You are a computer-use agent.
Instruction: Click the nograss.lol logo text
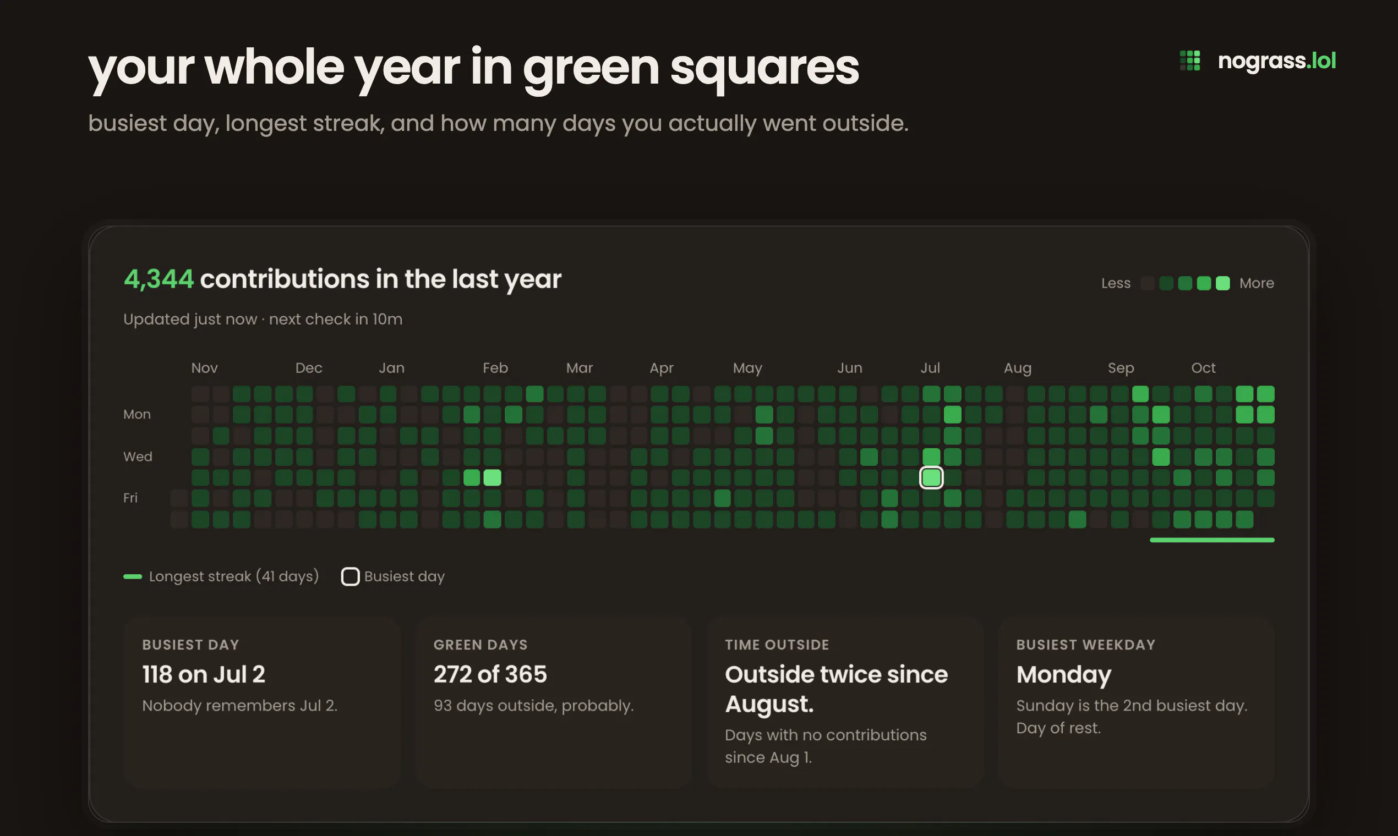coord(1277,61)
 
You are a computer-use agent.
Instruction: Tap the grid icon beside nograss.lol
coord(1190,61)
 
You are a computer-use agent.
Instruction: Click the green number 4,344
coord(159,279)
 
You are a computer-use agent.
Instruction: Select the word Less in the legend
coord(1116,283)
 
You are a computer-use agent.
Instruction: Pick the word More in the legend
coord(1257,283)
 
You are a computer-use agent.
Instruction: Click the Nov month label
coord(204,368)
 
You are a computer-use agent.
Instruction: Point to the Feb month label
coord(495,368)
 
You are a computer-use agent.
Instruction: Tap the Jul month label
coord(930,368)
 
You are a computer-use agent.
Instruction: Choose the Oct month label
coord(1204,368)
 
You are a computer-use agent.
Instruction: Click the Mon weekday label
coord(137,415)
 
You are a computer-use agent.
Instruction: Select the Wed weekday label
coord(138,457)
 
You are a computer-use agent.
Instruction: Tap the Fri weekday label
coord(130,498)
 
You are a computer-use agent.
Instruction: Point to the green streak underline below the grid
coord(1212,540)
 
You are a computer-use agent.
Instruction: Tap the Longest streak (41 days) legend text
coord(234,576)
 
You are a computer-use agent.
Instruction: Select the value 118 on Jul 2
coord(204,674)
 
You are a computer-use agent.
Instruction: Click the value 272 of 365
coord(490,674)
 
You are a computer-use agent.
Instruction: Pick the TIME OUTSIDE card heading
coord(777,645)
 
